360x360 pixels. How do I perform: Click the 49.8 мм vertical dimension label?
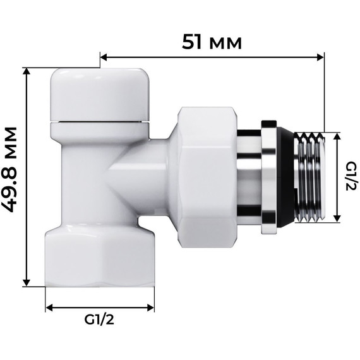[x=13, y=177]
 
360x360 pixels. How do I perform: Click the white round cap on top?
[x=100, y=92]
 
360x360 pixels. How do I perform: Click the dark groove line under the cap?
[x=100, y=121]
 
